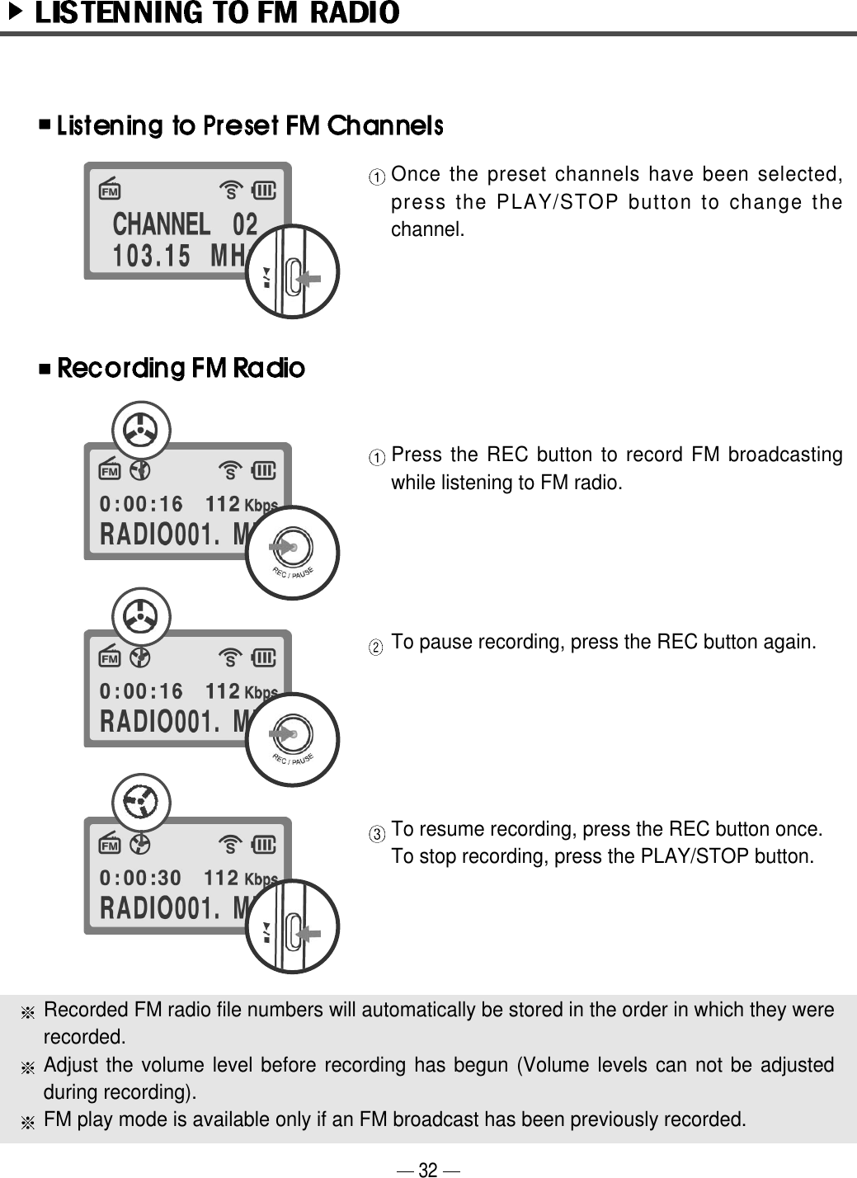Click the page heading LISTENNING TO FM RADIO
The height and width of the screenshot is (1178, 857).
pyautogui.click(x=217, y=13)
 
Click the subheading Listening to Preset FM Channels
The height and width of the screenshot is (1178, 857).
pyautogui.click(x=250, y=126)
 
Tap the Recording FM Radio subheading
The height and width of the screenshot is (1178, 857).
pyautogui.click(x=181, y=368)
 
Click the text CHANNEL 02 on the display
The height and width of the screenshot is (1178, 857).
pyautogui.click(x=185, y=224)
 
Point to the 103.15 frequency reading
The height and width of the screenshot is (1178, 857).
pyautogui.click(x=152, y=257)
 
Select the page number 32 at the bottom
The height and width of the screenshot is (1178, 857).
pyautogui.click(x=428, y=1169)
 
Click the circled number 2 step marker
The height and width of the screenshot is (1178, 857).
pyautogui.click(x=375, y=647)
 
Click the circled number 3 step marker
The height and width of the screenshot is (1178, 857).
pyautogui.click(x=375, y=834)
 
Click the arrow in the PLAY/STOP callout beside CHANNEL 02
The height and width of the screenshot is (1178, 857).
pyautogui.click(x=308, y=280)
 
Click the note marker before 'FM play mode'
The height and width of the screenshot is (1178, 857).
pyautogui.click(x=28, y=1122)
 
